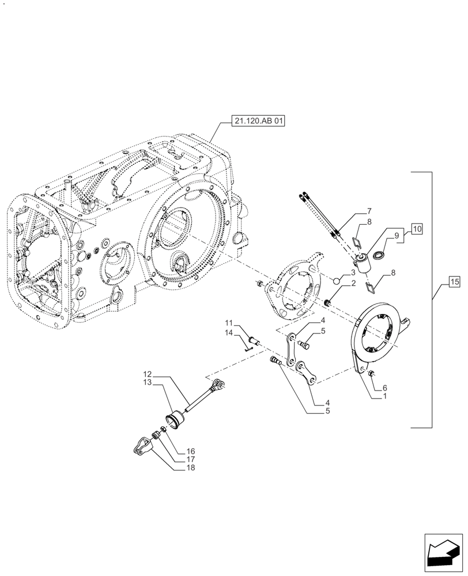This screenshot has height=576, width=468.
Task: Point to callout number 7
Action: (369, 211)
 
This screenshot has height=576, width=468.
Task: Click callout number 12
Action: (148, 374)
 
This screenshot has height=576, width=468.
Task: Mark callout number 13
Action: (148, 382)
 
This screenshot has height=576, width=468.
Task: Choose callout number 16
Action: (190, 451)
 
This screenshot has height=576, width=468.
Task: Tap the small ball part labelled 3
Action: (337, 281)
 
